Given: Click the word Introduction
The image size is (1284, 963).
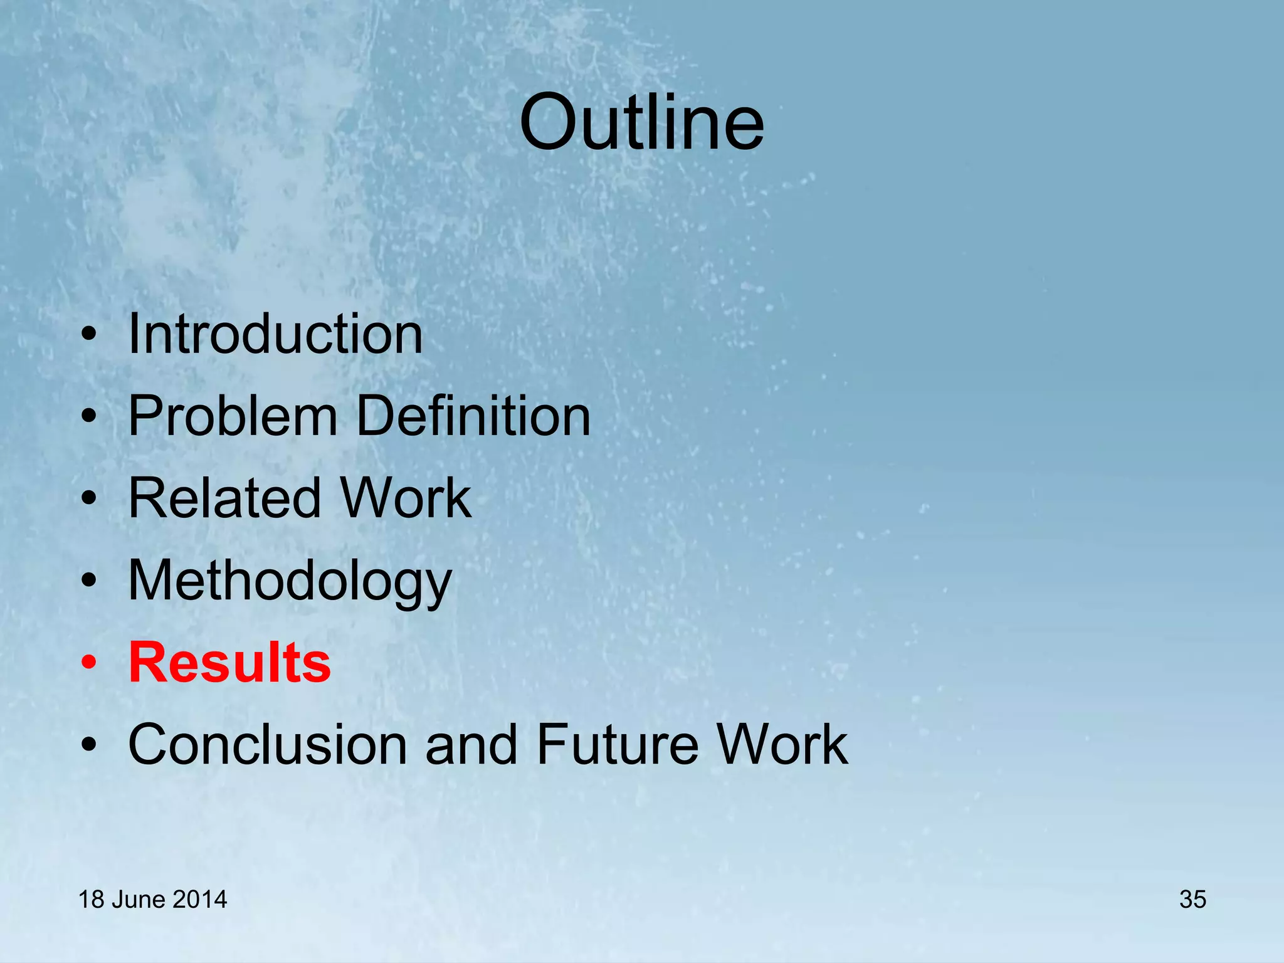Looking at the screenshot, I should [275, 334].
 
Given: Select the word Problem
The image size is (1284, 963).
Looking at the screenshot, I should [233, 416].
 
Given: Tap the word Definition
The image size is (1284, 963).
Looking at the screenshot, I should [473, 416].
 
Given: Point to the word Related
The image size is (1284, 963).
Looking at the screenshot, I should [224, 498].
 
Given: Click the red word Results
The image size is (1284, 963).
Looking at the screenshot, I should [229, 663].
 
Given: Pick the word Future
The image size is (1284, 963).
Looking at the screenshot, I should [617, 745].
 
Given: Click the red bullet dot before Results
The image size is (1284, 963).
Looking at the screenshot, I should [89, 663].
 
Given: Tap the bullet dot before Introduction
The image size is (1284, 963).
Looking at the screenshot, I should [89, 334].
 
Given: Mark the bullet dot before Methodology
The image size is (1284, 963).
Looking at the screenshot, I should [89, 581].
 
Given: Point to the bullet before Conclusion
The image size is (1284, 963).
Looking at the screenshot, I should [89, 745].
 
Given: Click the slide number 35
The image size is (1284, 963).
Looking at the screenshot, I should [1192, 900].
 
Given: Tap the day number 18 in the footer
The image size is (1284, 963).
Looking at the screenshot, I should [91, 900].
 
